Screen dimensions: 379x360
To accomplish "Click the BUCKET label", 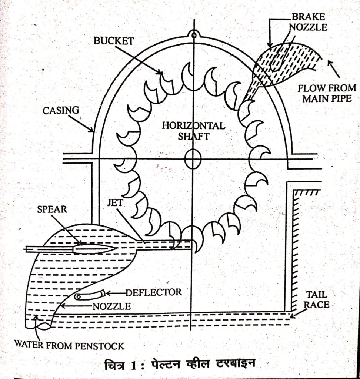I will tap(113, 41).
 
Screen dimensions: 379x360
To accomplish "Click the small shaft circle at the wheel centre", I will tap(193, 159).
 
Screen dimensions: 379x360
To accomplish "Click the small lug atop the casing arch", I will tap(193, 34).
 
